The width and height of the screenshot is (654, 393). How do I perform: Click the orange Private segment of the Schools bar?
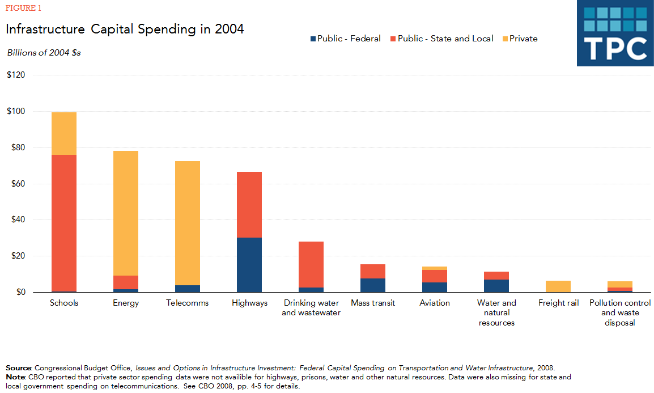tap(64, 133)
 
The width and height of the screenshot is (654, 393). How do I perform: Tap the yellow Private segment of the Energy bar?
tap(126, 213)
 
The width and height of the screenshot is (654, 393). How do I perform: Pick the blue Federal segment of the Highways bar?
tap(249, 265)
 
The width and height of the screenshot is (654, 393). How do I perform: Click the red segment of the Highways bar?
tap(249, 205)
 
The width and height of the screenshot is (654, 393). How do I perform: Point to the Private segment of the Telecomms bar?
tap(188, 223)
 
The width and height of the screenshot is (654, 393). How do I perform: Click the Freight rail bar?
tap(558, 286)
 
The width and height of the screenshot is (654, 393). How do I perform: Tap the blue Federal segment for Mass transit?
tap(373, 285)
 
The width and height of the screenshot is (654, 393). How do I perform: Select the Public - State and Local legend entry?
tap(441, 39)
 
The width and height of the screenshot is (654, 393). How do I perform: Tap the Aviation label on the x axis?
tap(435, 303)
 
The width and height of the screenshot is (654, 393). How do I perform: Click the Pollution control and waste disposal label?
tap(620, 312)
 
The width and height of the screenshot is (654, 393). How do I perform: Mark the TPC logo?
tap(615, 33)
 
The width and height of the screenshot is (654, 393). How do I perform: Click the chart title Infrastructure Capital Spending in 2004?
tap(125, 29)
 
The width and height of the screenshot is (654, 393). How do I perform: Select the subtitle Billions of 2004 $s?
tap(44, 52)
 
